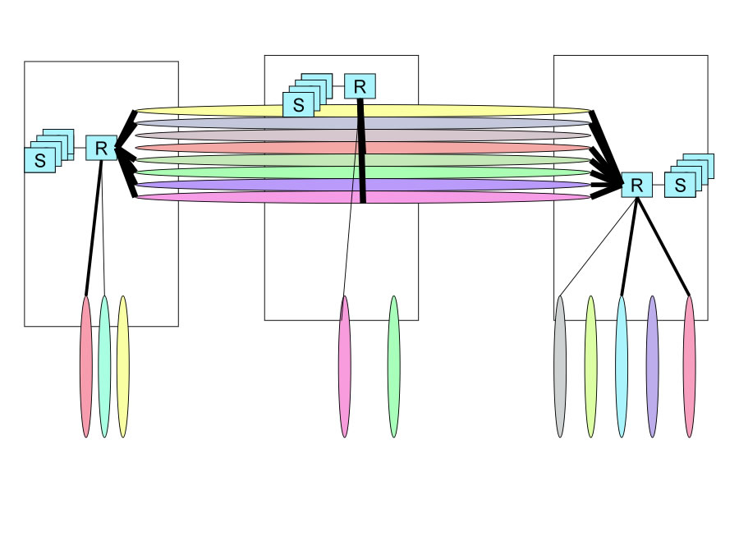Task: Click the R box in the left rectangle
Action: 101,148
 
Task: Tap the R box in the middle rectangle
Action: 360,86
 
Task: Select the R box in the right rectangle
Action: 636,185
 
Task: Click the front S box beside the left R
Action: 39,160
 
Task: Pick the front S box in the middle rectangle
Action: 298,105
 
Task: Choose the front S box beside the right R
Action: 679,185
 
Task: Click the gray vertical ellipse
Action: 560,366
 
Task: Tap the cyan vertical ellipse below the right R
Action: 622,366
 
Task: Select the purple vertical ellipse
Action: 653,366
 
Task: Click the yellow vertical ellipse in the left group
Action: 122,366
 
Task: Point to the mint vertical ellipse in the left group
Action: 104,366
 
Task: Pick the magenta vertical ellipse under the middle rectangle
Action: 344,366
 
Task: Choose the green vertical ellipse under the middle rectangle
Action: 393,366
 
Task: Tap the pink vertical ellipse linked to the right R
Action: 689,366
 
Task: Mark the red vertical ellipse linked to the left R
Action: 86,366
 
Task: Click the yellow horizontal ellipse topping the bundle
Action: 246,110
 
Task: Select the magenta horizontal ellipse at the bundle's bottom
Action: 246,197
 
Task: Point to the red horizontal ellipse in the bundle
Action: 246,148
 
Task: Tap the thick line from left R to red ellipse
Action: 93,230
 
